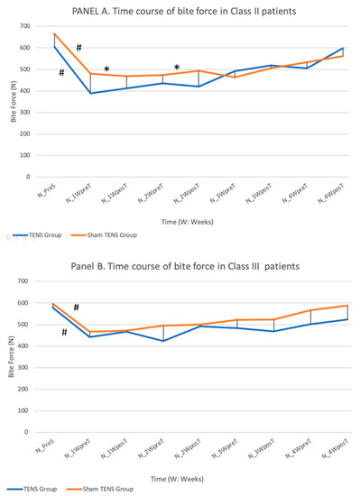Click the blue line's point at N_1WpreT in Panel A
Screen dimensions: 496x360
point(90,93)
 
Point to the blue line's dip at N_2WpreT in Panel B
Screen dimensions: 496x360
point(163,341)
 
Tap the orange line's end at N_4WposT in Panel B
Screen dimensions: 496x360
point(347,305)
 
